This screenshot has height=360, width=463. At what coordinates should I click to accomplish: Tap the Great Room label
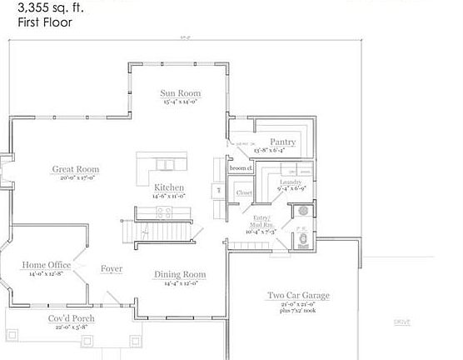pos(76,169)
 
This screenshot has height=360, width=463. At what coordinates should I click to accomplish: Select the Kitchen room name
pos(169,187)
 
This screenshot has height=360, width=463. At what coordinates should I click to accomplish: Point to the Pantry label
pos(282,142)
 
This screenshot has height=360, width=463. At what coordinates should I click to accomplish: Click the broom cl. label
pos(241,168)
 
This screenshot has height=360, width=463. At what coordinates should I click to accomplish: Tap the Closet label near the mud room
pos(244,192)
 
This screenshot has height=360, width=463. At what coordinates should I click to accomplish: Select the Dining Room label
pos(179,274)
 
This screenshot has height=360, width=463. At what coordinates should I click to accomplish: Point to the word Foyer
pos(112,268)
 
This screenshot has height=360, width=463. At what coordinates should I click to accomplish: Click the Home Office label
pos(45,265)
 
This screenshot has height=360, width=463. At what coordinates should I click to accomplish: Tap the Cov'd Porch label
pos(70,318)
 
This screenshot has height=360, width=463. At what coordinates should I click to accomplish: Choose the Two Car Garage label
pos(298,295)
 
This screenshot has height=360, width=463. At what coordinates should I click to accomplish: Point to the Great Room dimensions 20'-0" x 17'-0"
pos(76,177)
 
